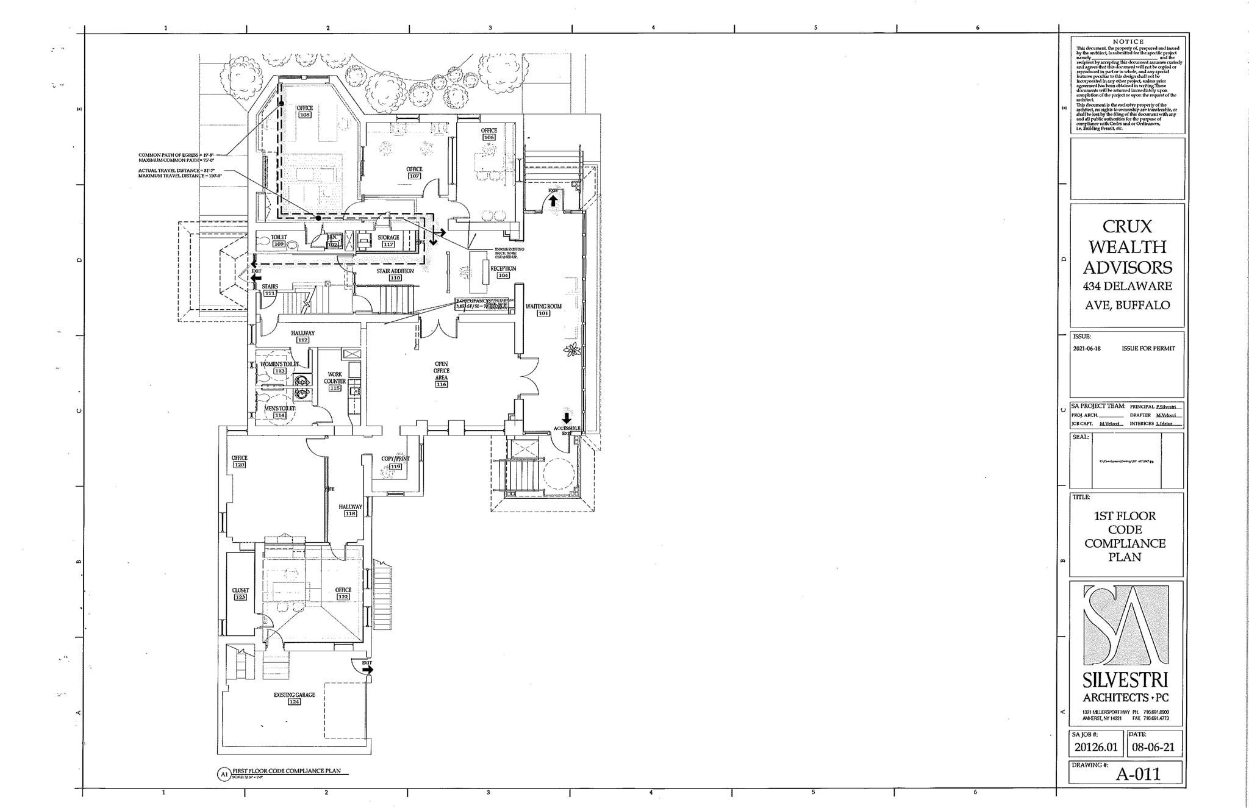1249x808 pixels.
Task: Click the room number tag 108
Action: point(305,115)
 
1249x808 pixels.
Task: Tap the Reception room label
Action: point(503,268)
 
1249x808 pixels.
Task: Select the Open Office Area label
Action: point(441,371)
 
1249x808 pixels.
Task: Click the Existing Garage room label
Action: point(294,695)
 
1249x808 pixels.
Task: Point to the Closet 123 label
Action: point(240,590)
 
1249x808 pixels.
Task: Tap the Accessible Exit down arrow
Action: point(567,418)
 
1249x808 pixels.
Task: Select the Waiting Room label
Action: point(543,306)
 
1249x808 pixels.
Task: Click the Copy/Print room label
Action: point(395,459)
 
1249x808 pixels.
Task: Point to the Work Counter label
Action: point(335,377)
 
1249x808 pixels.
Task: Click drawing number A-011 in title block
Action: point(1138,774)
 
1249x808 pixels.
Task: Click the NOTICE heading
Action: point(1128,41)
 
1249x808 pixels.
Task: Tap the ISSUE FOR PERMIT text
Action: point(1148,348)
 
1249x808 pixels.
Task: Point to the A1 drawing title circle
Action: point(223,774)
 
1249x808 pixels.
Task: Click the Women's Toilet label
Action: point(280,363)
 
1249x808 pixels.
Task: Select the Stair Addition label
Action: point(395,271)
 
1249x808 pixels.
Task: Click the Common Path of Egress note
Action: point(179,155)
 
